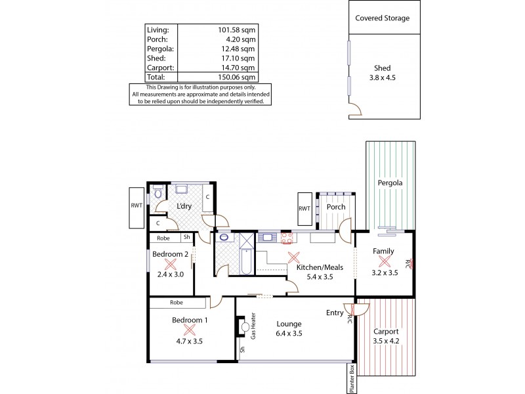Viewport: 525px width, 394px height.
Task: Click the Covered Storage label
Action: (x=382, y=18)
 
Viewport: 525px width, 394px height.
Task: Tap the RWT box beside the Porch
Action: (x=304, y=208)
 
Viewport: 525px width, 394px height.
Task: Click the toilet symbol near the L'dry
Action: (x=157, y=192)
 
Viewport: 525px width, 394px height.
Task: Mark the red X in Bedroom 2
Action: (x=171, y=265)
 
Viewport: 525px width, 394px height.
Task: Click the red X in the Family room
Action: (x=384, y=261)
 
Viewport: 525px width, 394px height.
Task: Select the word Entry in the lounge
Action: (x=335, y=313)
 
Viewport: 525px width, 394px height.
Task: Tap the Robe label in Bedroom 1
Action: (x=177, y=303)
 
